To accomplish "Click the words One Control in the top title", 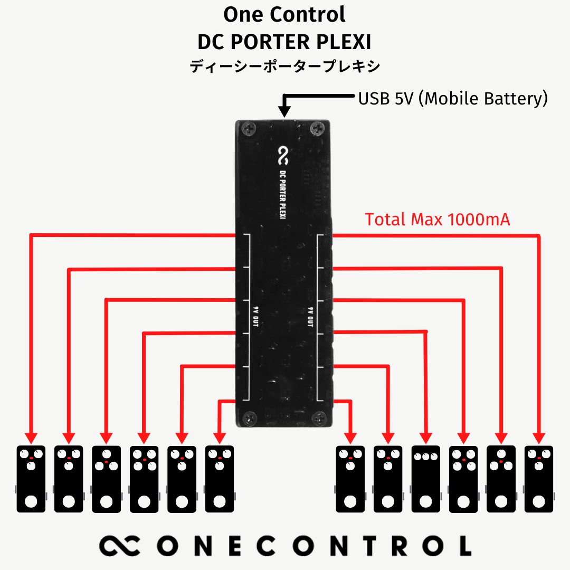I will (284, 14).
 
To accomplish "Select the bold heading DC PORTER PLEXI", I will (284, 41).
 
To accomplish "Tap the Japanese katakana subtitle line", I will (284, 67).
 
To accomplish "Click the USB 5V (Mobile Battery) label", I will (453, 98).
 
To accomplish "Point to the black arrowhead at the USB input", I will (284, 111).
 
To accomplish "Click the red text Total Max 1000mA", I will (438, 220).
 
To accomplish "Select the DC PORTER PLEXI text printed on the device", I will (283, 196).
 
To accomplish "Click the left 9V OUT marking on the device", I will (254, 317).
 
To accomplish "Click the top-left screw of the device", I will (249, 128).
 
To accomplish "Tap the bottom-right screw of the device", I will (320, 419).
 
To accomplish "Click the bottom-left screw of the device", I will (249, 419).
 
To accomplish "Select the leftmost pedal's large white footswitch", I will (31, 501).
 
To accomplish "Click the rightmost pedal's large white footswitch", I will (539, 501).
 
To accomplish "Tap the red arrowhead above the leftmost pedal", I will (31, 438).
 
